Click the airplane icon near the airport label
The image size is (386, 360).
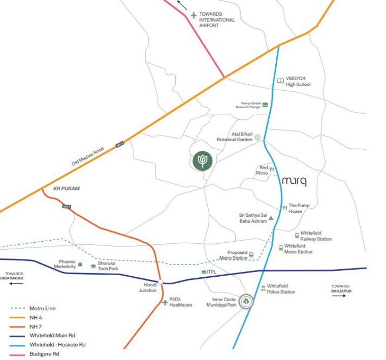pos(194,15)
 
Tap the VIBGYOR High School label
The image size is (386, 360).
pos(298,81)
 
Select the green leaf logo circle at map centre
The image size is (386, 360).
pos(203,160)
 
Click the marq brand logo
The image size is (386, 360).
pos(294,181)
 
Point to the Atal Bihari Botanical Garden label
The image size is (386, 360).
pos(235,137)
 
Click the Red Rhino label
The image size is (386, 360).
pos(262,170)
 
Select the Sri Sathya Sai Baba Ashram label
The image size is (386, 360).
pos(253,218)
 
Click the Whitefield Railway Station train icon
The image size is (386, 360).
pos(297,235)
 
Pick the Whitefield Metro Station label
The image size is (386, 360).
pos(298,249)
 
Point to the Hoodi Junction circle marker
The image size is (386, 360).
pos(160,282)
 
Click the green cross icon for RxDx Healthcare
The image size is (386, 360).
pos(165,303)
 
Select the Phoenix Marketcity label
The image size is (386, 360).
pos(65,264)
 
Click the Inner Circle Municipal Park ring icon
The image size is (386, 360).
pos(246,302)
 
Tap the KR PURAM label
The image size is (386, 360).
pos(67,189)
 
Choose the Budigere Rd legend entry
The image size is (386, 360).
pos(44,354)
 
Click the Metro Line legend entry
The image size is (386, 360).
pos(43,308)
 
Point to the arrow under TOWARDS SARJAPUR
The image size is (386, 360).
pos(338,295)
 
